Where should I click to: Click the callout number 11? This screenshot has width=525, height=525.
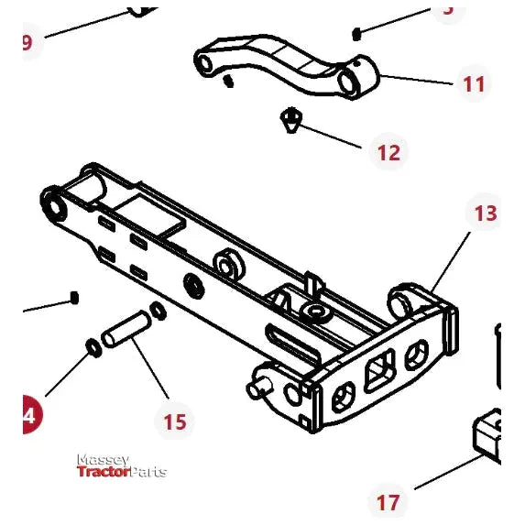click(x=473, y=84)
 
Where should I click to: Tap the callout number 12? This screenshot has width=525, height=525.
click(x=388, y=151)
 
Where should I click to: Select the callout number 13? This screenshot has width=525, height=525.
click(x=486, y=213)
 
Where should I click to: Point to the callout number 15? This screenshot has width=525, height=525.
click(x=174, y=421)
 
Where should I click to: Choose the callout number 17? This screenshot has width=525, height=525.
click(x=388, y=502)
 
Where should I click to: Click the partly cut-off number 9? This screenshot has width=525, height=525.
click(x=26, y=42)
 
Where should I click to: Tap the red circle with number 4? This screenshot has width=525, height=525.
click(x=28, y=415)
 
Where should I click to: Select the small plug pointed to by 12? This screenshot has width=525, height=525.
click(x=290, y=119)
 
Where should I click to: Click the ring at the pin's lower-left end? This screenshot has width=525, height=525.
click(x=93, y=347)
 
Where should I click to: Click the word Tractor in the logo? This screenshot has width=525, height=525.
click(x=104, y=472)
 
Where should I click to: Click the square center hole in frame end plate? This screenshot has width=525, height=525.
click(x=377, y=374)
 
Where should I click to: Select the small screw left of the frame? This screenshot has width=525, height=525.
click(x=75, y=298)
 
